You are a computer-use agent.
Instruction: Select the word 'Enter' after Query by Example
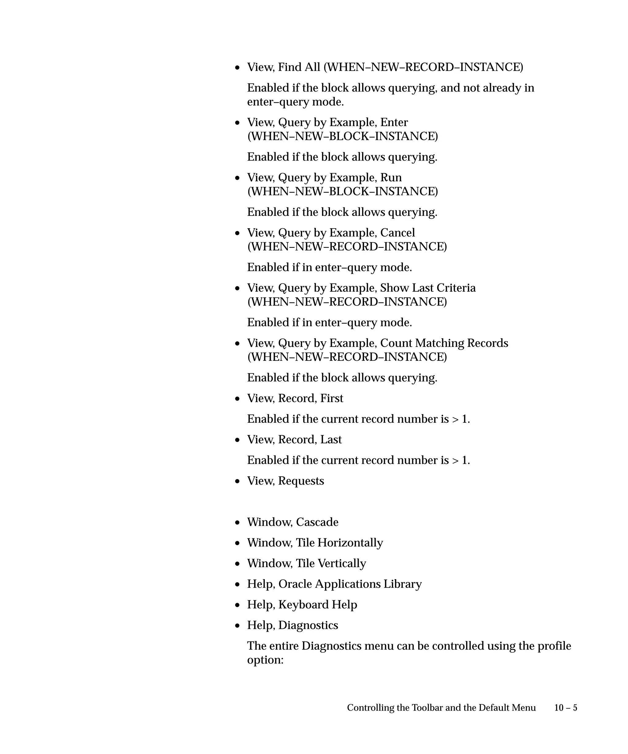point(394,122)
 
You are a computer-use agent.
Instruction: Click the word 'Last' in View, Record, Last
point(331,440)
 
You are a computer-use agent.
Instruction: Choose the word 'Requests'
point(301,481)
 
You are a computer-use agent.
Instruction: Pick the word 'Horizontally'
point(350,543)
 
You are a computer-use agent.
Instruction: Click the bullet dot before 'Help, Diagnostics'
point(237,626)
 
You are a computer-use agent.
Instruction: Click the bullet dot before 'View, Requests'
point(237,482)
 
